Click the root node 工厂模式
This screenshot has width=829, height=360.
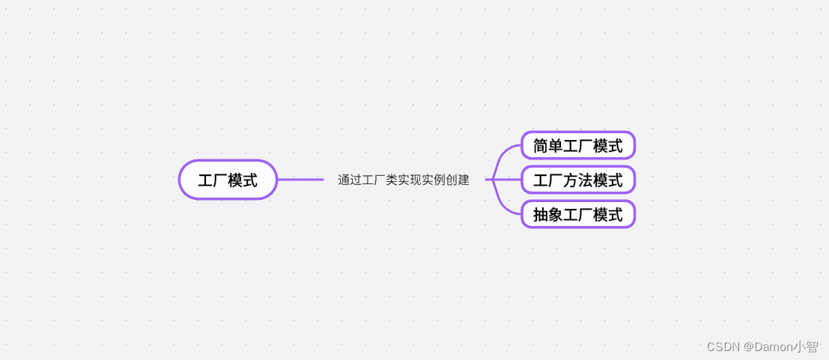[x=228, y=180]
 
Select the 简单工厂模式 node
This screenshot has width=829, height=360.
[x=577, y=145]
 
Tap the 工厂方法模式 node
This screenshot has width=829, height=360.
[x=577, y=180]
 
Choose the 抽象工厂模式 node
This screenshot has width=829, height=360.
[x=577, y=215]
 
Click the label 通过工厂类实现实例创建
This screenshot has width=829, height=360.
[x=403, y=180]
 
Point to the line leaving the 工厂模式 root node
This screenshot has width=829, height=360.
[x=300, y=180]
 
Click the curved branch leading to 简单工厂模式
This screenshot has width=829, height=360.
[x=505, y=153]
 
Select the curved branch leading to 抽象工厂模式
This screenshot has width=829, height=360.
[x=505, y=207]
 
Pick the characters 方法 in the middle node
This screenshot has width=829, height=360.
[x=577, y=180]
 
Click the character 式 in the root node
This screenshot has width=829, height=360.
[x=250, y=180]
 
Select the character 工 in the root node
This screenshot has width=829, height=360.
[x=205, y=180]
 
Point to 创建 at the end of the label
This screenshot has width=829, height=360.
[x=457, y=180]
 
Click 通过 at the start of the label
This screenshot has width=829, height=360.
[x=349, y=180]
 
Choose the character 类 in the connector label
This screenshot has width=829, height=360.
[x=391, y=180]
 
